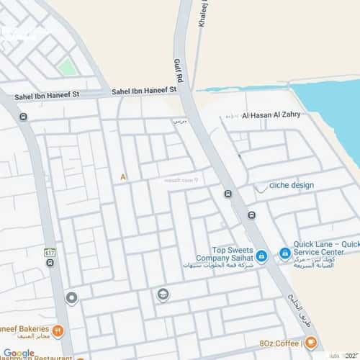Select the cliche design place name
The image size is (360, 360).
click(x=292, y=185)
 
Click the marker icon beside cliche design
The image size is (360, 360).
click(x=261, y=186)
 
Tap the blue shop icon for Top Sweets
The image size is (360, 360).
click(x=262, y=255)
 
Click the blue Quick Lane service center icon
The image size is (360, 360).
click(x=284, y=253)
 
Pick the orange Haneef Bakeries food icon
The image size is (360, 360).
click(x=58, y=331)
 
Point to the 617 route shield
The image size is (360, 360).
click(x=49, y=253)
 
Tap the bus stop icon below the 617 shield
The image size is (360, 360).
click(x=50, y=264)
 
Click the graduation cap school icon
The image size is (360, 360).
click(x=163, y=294)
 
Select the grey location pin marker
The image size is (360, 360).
click(x=71, y=298)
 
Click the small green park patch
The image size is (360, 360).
click(x=67, y=67)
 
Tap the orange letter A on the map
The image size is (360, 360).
click(x=123, y=176)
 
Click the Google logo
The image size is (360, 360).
click(x=18, y=353)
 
